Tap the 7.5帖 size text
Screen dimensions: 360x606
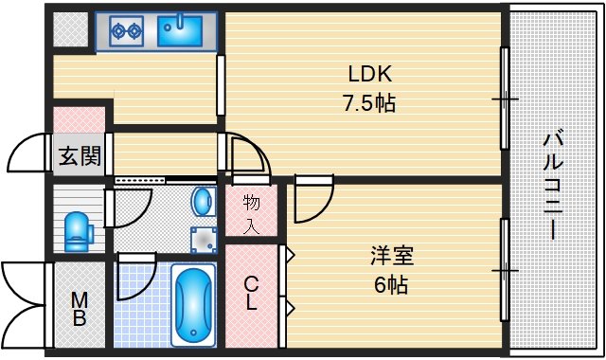click(x=370, y=102)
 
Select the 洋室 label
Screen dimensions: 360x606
click(x=391, y=256)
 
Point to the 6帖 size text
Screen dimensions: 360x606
click(x=390, y=283)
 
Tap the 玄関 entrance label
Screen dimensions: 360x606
click(x=79, y=156)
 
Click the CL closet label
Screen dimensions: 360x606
click(x=251, y=294)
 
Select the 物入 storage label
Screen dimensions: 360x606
click(x=252, y=212)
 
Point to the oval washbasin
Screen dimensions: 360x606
click(x=203, y=200)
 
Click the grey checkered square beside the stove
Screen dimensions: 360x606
click(x=68, y=31)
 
